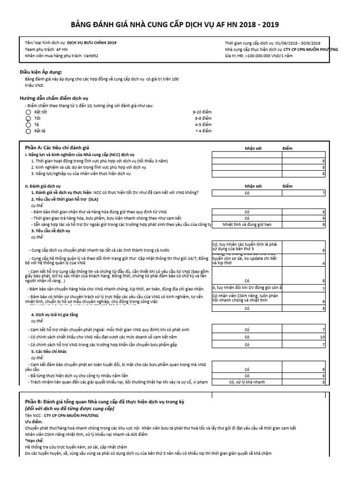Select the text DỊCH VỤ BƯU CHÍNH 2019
[x=92, y=43]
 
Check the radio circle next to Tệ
[x=28, y=125]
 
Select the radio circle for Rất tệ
[x=28, y=131]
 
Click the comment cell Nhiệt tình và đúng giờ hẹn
[x=247, y=225]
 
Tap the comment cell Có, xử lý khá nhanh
[x=247, y=382]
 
